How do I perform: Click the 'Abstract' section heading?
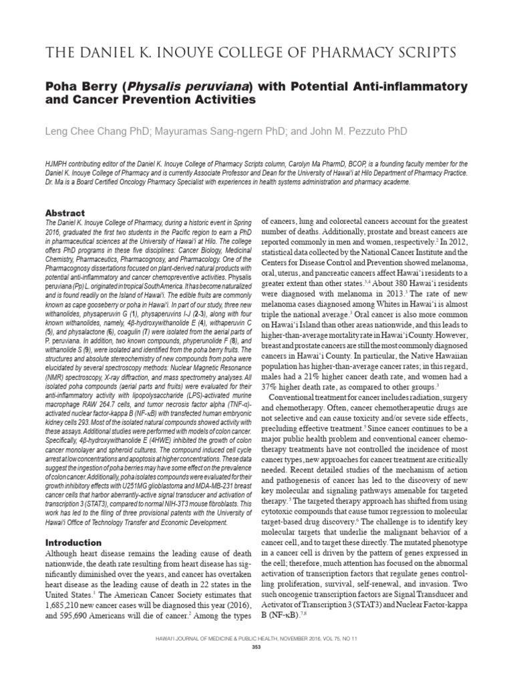pyautogui.click(x=65, y=213)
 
